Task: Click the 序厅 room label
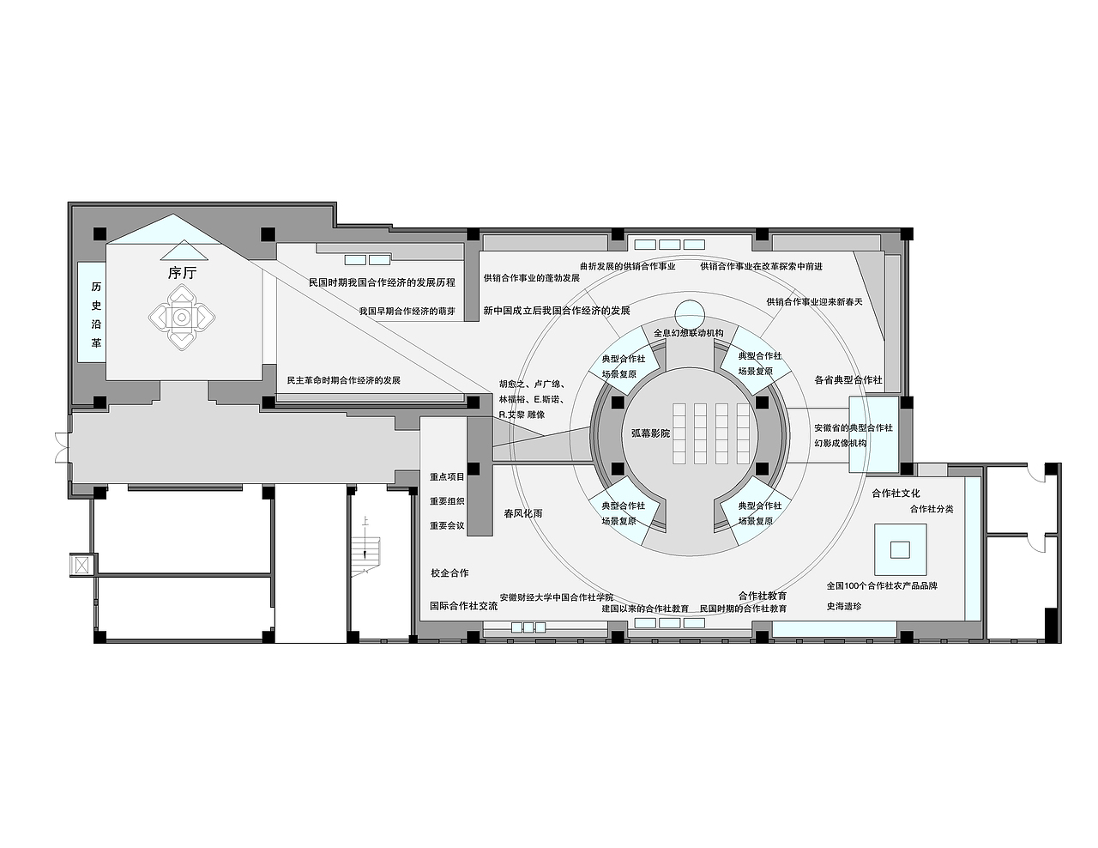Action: pos(182,273)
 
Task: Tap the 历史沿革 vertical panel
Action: pos(92,312)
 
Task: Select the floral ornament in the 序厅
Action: pos(182,318)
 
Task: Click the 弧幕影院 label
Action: pos(650,433)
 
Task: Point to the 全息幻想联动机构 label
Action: pos(688,333)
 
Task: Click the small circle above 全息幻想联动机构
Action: pos(691,314)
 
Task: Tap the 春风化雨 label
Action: pos(523,513)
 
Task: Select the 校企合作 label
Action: pos(449,573)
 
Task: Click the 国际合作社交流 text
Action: pos(464,605)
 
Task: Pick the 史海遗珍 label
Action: pos(844,606)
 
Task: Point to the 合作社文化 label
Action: pos(896,494)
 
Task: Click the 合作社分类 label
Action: pos(932,509)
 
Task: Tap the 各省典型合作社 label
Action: pos(848,379)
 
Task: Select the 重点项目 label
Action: pos(447,476)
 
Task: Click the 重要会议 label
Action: pos(447,525)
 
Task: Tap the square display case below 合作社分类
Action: pos(901,550)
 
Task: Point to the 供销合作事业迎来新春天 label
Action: pos(815,302)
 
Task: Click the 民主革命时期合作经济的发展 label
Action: pos(344,380)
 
